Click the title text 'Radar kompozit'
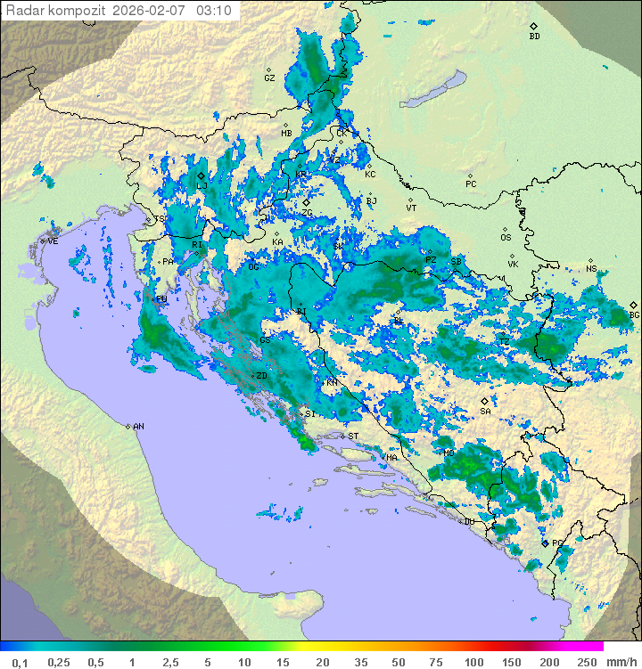[x=56, y=11]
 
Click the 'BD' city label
[x=534, y=37]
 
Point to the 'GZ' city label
[x=269, y=78]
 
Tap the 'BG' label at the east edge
[x=634, y=314]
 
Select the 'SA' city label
[x=485, y=412]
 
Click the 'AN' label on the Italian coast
[x=138, y=427]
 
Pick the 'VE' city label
[x=53, y=241]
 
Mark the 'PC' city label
[x=471, y=184]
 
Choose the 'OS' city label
[x=506, y=238]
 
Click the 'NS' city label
[x=591, y=268]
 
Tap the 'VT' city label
[x=411, y=208]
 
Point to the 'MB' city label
[x=286, y=134]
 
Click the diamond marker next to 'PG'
[x=545, y=543]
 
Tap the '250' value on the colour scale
[x=586, y=662]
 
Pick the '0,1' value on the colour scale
[x=20, y=662]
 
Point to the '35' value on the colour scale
[x=360, y=662]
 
